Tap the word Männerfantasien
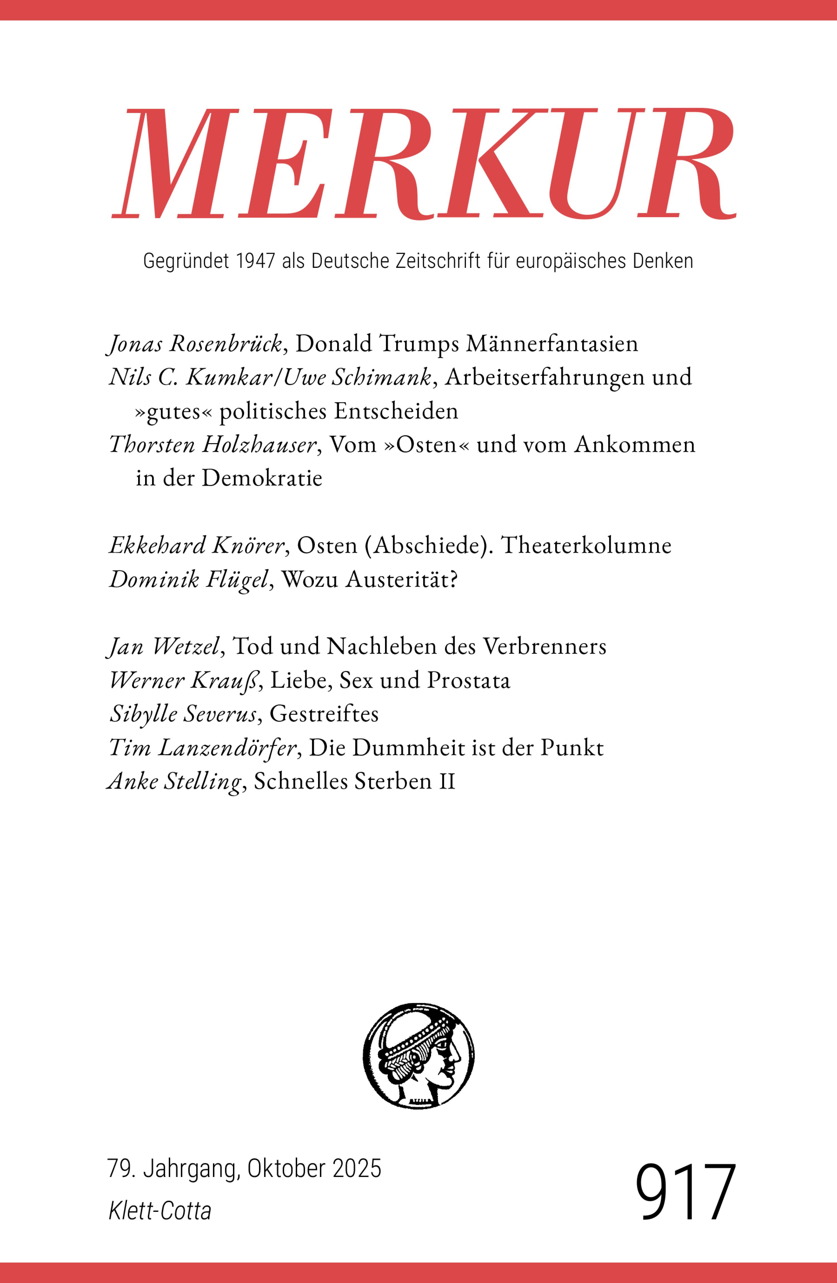551,344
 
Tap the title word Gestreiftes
324,714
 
